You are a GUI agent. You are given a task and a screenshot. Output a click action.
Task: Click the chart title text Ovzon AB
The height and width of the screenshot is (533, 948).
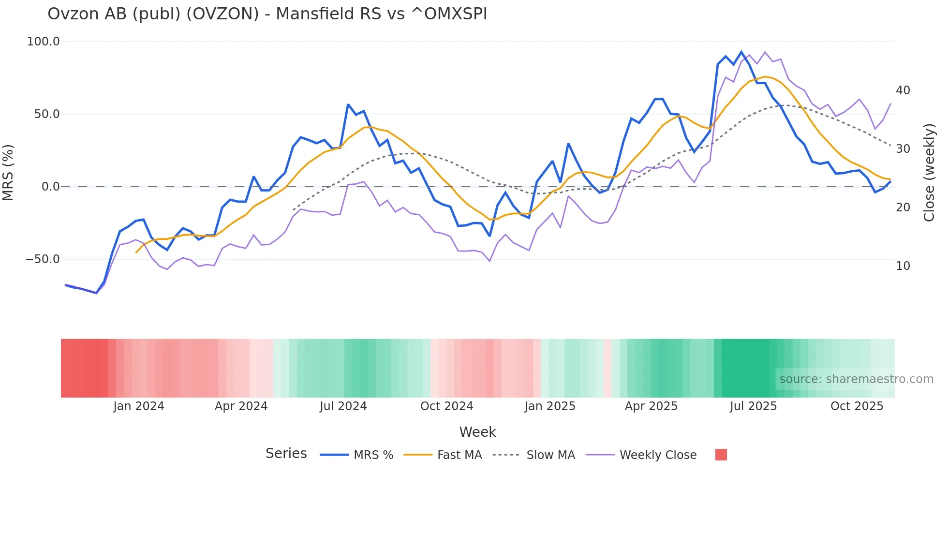267,14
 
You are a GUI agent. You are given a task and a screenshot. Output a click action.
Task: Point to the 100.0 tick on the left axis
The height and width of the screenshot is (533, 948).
44,42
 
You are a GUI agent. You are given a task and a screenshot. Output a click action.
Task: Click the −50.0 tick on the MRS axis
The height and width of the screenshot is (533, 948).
43,259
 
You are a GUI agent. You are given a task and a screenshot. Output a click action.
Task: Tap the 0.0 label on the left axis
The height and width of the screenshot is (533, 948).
50,187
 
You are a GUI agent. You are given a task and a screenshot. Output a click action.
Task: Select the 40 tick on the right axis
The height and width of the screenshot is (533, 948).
903,90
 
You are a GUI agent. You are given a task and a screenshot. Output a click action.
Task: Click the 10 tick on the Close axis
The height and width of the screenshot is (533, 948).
903,266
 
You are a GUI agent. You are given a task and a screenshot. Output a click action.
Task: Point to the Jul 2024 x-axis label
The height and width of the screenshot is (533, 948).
343,406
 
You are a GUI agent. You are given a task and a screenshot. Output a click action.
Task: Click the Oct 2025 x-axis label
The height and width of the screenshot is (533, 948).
857,406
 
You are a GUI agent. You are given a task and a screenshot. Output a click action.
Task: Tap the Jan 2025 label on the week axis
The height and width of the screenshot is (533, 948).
549,406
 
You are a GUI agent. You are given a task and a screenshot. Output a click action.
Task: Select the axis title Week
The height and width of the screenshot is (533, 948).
477,432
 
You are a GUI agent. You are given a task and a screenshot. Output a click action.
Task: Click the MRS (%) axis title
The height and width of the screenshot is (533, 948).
8,172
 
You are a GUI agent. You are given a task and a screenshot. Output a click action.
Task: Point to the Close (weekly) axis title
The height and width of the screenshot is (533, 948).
929,172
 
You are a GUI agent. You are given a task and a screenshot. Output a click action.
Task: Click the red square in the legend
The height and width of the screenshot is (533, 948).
721,455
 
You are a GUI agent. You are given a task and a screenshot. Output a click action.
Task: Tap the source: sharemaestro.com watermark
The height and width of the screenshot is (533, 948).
856,379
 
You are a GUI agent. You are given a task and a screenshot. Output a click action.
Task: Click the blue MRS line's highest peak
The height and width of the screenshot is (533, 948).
741,52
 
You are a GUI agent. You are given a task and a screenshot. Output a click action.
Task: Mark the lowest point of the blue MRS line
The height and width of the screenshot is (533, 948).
96,293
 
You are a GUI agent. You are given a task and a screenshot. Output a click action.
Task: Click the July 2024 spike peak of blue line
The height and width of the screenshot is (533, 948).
348,104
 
